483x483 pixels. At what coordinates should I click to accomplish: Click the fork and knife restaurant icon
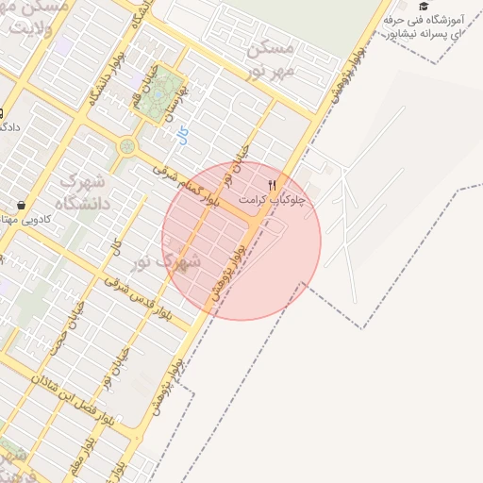point(273,185)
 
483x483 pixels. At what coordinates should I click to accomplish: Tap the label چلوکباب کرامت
point(274,200)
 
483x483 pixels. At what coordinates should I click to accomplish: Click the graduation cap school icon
point(424,7)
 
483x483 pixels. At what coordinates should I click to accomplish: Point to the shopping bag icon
point(22,205)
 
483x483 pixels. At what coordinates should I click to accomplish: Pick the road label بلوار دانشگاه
point(98,87)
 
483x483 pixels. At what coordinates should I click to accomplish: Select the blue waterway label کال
point(182,135)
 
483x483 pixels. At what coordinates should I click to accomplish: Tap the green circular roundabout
point(126,147)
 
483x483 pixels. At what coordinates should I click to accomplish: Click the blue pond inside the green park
point(167,88)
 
